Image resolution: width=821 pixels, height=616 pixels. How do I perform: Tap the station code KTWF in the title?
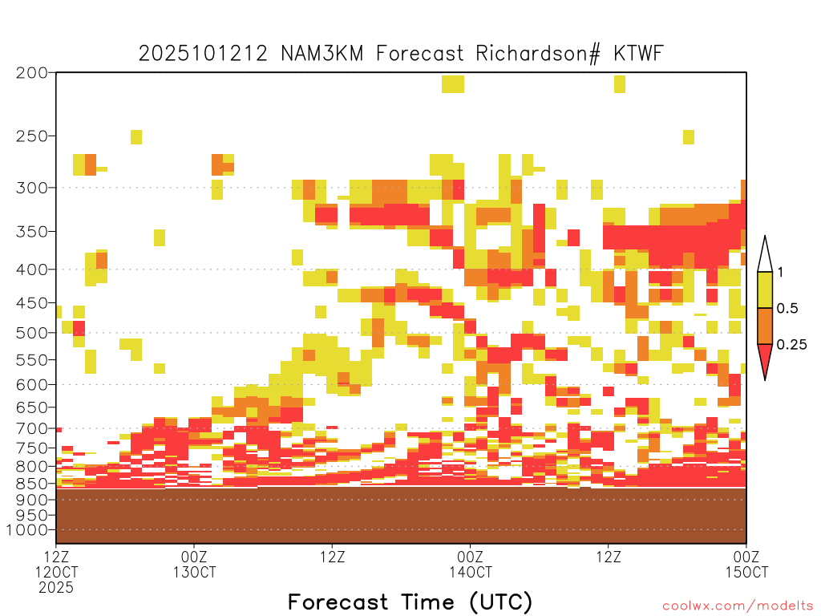pos(639,53)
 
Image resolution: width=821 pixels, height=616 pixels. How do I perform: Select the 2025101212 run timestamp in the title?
pos(203,54)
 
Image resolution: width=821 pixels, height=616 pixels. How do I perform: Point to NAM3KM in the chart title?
pos(322,54)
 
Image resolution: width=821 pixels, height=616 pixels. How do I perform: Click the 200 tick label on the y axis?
pos(32,73)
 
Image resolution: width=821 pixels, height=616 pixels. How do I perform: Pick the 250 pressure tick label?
pos(32,136)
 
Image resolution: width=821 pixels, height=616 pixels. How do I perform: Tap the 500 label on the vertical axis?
pos(32,333)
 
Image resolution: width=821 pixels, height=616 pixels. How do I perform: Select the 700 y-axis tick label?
pos(32,428)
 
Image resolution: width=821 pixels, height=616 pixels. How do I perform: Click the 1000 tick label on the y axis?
pos(27,530)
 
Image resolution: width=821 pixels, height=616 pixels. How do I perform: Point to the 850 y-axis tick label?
pos(32,484)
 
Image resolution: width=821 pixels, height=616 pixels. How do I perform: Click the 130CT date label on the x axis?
pos(194,572)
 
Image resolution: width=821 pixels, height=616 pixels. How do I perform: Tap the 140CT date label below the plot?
pos(470,572)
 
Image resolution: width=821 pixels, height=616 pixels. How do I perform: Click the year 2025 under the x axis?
pos(56,588)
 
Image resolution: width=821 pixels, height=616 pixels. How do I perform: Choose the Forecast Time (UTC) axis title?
pos(410,602)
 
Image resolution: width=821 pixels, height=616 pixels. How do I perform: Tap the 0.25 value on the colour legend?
pos(791,345)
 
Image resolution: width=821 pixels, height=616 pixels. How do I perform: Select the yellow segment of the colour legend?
pos(765,290)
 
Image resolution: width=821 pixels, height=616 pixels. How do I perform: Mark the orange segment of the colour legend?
pos(765,326)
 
